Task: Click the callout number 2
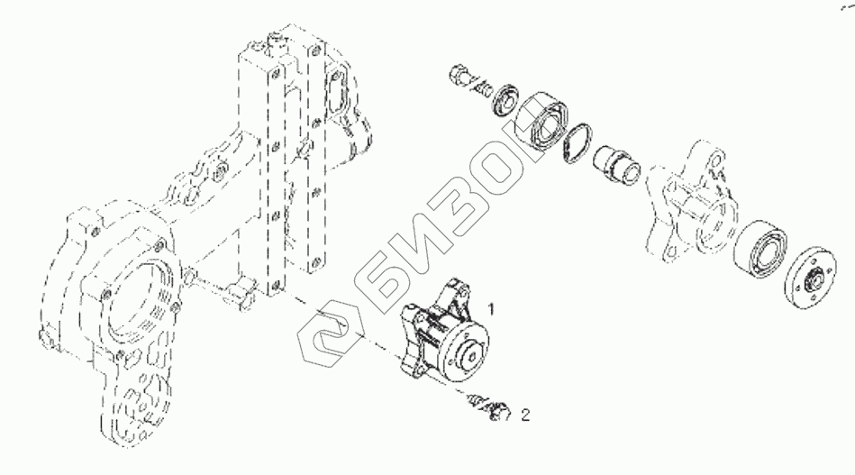coord(526,416)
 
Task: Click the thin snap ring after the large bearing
coord(578,144)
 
